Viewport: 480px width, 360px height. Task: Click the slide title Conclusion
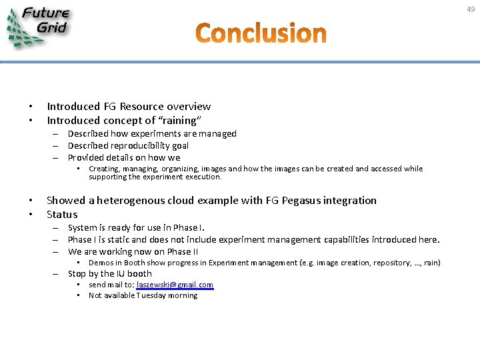click(261, 33)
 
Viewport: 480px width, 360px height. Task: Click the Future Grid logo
click(39, 26)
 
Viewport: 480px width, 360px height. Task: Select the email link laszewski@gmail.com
click(175, 285)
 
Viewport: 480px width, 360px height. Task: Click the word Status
click(62, 215)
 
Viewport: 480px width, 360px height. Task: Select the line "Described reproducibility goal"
click(128, 145)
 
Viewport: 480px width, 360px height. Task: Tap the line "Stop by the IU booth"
click(109, 273)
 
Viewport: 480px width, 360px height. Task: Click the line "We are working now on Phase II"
click(133, 251)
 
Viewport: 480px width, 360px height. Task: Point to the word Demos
click(101, 263)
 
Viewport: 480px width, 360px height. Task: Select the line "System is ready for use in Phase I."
click(136, 227)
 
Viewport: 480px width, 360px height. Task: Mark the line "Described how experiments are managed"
click(152, 133)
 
